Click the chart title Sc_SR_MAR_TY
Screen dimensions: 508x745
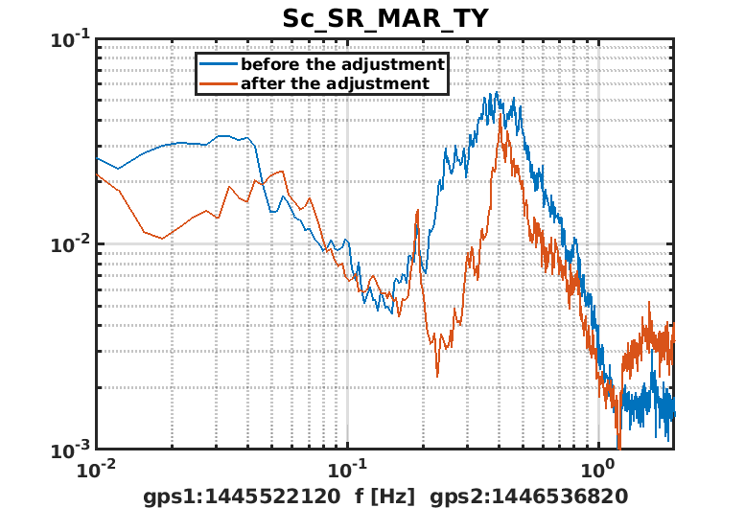pyautogui.click(x=384, y=18)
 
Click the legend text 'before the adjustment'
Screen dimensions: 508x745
pyautogui.click(x=342, y=64)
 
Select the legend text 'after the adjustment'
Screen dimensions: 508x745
pyautogui.click(x=335, y=83)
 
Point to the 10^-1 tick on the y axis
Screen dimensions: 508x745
pyautogui.click(x=72, y=39)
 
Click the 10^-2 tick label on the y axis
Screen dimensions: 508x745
pyautogui.click(x=72, y=244)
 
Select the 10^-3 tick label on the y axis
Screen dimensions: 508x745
pyautogui.click(x=72, y=449)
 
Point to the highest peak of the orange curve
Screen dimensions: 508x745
pyautogui.click(x=501, y=117)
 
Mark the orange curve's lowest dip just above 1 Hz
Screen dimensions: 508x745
pyautogui.click(x=618, y=448)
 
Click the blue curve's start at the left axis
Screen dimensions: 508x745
pyautogui.click(x=96, y=158)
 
